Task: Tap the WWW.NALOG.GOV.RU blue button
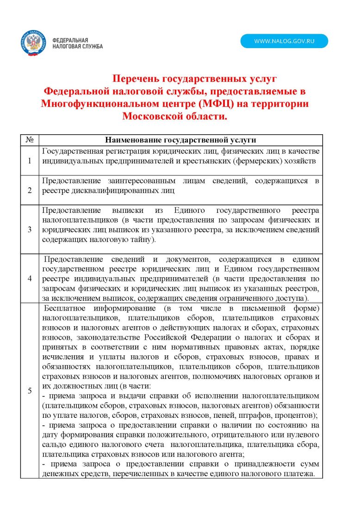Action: click(x=284, y=41)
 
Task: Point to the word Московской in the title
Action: click(x=150, y=116)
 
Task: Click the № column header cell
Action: click(x=30, y=140)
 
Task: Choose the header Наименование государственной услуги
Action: click(x=180, y=140)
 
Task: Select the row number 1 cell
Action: click(x=30, y=161)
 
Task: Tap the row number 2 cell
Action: click(x=30, y=190)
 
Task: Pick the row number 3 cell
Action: click(x=30, y=229)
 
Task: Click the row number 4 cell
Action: click(x=30, y=278)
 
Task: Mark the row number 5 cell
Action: click(x=30, y=391)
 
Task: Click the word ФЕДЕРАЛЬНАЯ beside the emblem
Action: click(x=70, y=40)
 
